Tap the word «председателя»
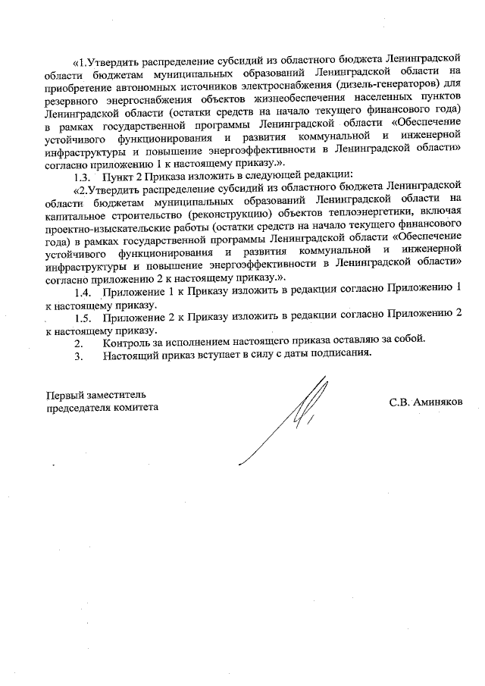coord(79,408)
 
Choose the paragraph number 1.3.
coord(83,171)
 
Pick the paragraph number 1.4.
coord(83,292)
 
